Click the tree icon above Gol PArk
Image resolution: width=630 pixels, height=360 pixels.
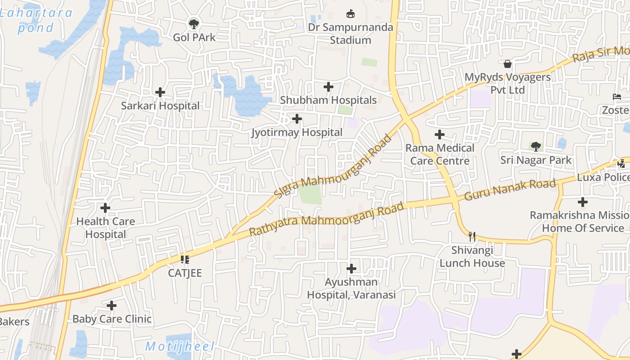(194, 23)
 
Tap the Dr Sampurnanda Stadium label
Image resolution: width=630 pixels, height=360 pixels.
(351, 34)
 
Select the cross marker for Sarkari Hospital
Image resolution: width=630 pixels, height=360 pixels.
(160, 93)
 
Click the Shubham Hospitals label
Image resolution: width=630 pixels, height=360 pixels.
(328, 100)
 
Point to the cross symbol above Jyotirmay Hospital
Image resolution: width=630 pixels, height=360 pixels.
(297, 119)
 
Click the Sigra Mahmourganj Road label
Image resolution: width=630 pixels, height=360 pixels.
(333, 166)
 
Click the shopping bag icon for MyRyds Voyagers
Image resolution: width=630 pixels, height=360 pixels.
(508, 64)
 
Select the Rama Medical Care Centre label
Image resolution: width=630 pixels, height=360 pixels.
(440, 154)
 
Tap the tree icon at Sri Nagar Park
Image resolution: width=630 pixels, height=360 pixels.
(535, 146)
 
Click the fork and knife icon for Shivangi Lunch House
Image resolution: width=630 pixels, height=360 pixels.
(472, 236)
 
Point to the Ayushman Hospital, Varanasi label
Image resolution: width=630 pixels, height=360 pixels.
(351, 288)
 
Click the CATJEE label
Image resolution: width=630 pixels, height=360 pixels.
(185, 273)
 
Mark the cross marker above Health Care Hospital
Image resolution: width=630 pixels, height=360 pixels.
(105, 208)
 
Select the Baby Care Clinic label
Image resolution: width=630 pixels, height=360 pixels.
(112, 319)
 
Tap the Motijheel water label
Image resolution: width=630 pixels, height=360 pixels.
(180, 346)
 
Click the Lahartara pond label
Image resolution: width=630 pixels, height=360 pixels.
(36, 20)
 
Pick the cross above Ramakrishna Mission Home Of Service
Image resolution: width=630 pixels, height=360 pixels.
(583, 202)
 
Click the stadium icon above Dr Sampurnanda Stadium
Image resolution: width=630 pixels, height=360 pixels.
(350, 14)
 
